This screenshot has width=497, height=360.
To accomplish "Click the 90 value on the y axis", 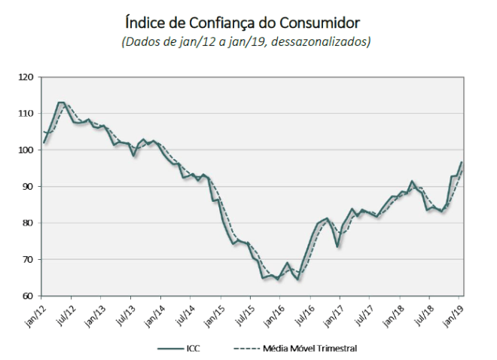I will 28,186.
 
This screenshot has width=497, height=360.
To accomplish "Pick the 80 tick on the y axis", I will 28,223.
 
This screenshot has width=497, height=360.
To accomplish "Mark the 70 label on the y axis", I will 28,259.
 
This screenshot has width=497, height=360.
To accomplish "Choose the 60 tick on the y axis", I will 28,296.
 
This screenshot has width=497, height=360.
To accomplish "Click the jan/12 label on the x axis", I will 34,310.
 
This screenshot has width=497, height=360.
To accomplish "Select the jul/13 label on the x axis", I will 124,310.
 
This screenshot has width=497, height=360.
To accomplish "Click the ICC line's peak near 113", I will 60,102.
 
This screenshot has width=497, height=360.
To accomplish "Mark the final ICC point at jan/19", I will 462,163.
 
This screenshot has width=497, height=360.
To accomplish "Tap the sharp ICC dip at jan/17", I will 338,246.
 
